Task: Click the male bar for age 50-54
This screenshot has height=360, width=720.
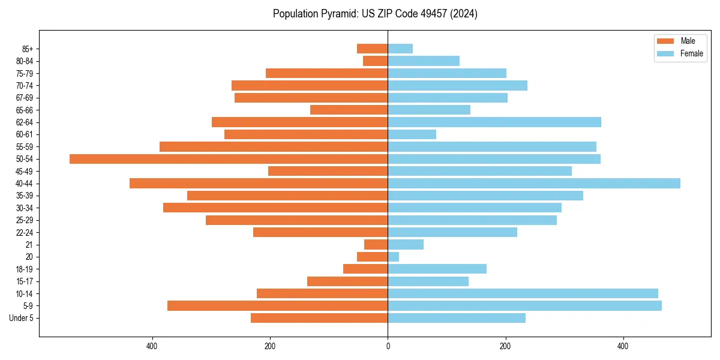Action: (229, 159)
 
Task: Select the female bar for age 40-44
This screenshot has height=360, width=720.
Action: (534, 184)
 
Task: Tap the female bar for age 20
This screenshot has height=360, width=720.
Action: (394, 257)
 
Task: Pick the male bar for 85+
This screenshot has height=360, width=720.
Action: (373, 49)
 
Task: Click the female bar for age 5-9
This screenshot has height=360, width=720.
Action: (524, 306)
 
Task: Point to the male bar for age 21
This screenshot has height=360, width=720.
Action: (376, 245)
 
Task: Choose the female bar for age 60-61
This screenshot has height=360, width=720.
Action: (412, 134)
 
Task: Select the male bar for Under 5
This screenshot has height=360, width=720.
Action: (319, 318)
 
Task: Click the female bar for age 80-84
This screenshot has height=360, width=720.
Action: (424, 61)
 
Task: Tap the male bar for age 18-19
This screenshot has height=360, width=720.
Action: (365, 269)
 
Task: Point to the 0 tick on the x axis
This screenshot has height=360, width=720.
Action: (388, 346)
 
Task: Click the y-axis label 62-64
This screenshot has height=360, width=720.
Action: (25, 122)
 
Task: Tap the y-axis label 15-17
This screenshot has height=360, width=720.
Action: (25, 281)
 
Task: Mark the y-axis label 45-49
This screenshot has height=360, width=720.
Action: (25, 171)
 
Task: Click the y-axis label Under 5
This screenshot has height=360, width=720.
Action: (21, 318)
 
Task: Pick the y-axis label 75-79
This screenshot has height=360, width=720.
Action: (25, 73)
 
